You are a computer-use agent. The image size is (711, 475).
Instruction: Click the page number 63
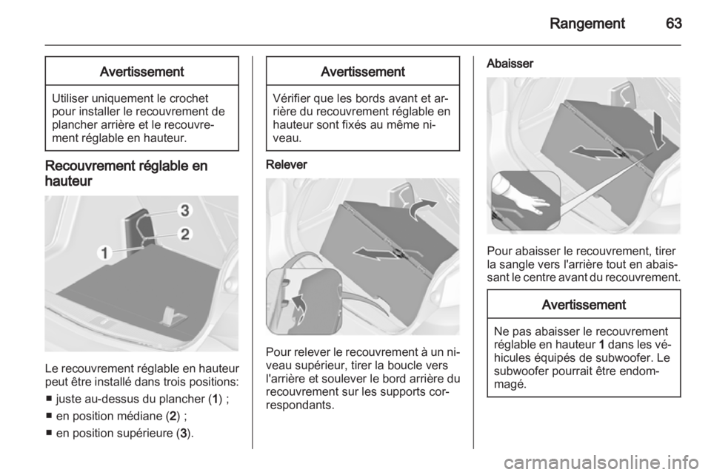(673, 23)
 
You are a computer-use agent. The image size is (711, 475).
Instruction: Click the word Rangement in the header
(587, 24)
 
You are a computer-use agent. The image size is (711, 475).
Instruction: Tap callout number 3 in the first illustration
(185, 211)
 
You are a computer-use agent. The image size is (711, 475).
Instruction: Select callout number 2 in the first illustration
(185, 235)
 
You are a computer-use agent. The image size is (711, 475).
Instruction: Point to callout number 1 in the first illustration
(104, 253)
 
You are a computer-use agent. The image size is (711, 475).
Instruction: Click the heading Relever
(287, 164)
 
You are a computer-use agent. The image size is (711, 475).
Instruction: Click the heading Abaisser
(510, 64)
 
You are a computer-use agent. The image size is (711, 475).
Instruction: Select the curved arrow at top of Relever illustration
(422, 208)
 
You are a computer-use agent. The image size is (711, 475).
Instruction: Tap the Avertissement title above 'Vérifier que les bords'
(363, 72)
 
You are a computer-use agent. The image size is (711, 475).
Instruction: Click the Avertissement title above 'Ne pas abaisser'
(584, 305)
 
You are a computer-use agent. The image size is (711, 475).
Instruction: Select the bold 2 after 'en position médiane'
(178, 416)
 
